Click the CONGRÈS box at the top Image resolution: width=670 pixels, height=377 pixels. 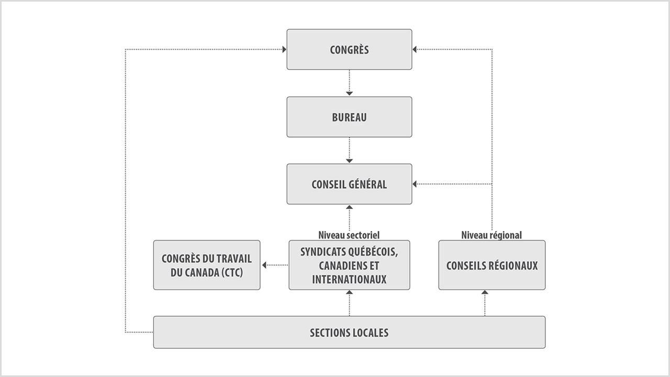[349, 50]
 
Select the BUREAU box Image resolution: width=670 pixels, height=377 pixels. [349, 117]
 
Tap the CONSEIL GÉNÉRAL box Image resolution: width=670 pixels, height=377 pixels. [349, 184]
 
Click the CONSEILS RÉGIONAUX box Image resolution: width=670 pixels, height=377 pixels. [492, 265]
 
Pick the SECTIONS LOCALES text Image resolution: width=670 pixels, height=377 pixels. [349, 332]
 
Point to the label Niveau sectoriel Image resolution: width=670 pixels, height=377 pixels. [349, 235]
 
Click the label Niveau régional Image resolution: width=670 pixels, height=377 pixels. [492, 235]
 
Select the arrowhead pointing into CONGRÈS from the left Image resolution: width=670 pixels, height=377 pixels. [284, 50]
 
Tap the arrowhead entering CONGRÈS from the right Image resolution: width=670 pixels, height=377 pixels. [415, 50]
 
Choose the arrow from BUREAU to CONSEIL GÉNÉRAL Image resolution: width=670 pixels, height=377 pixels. [349, 150]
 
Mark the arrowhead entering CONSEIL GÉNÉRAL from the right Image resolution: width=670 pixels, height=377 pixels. [415, 184]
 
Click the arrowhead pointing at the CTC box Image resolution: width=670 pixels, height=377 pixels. [264, 265]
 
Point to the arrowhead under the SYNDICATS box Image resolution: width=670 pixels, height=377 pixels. [349, 292]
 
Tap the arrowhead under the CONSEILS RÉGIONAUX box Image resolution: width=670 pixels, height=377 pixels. [485, 292]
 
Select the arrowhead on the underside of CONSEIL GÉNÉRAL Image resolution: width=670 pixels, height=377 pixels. [349, 207]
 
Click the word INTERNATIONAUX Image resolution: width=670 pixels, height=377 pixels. [349, 280]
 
